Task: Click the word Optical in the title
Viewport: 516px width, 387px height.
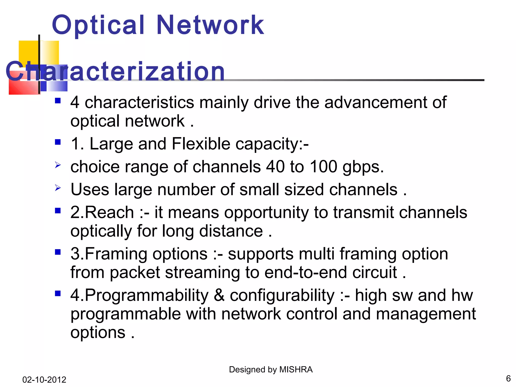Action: pyautogui.click(x=98, y=25)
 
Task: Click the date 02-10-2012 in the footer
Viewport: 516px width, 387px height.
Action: pyautogui.click(x=44, y=379)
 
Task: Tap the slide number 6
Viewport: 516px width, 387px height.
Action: pyautogui.click(x=508, y=378)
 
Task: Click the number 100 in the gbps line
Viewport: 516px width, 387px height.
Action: pyautogui.click(x=323, y=167)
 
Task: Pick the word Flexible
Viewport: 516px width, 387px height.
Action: pyautogui.click(x=201, y=144)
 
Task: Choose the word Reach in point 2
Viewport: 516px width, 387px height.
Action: pyautogui.click(x=109, y=212)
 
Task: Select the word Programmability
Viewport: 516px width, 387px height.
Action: pyautogui.click(x=146, y=295)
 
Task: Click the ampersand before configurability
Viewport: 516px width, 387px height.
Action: pyautogui.click(x=219, y=295)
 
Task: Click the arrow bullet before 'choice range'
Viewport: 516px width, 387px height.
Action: pyautogui.click(x=58, y=165)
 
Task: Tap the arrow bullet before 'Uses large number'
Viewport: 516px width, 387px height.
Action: pyautogui.click(x=58, y=188)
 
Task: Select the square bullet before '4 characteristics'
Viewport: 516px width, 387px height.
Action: pyautogui.click(x=58, y=101)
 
